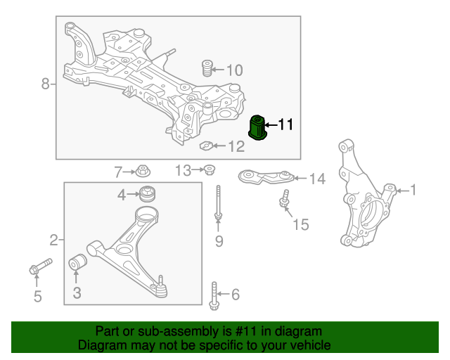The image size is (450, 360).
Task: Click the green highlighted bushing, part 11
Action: [259, 127]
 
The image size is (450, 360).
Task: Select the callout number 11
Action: [285, 125]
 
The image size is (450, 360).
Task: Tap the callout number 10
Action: [234, 70]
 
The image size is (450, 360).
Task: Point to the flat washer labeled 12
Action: [207, 146]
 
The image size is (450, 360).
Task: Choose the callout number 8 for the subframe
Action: [46, 84]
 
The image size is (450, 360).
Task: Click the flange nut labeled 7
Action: [143, 170]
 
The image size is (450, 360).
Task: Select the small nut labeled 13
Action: [209, 169]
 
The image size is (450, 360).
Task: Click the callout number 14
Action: [317, 179]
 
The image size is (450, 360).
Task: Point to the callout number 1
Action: [413, 189]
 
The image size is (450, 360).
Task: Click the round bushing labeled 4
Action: [148, 193]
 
